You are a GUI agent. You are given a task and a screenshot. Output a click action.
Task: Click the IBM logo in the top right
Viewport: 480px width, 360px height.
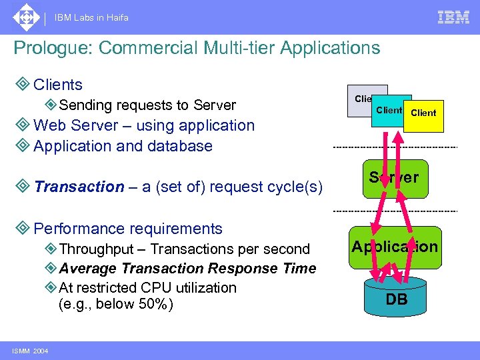453,17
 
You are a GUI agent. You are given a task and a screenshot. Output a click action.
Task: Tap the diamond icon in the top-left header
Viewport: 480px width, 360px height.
25,17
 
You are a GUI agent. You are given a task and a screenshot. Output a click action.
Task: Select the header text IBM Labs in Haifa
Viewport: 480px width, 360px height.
92,18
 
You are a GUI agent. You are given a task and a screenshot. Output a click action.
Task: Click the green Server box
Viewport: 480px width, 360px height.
394,178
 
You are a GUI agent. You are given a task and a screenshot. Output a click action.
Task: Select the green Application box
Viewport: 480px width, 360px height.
395,247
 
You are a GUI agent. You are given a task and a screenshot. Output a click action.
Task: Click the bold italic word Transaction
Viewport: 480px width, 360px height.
79,187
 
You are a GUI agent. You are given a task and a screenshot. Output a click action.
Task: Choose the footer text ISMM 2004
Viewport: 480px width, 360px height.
29,351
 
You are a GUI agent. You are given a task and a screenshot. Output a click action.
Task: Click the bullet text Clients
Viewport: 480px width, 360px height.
57,85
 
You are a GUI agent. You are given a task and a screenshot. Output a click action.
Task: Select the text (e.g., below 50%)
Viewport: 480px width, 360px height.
116,305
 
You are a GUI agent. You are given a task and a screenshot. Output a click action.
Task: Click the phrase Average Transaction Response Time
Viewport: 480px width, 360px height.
187,269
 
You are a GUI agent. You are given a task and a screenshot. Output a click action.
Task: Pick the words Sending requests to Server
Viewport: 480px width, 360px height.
147,105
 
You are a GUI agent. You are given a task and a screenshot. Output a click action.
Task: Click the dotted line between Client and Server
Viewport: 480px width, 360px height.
395,147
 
